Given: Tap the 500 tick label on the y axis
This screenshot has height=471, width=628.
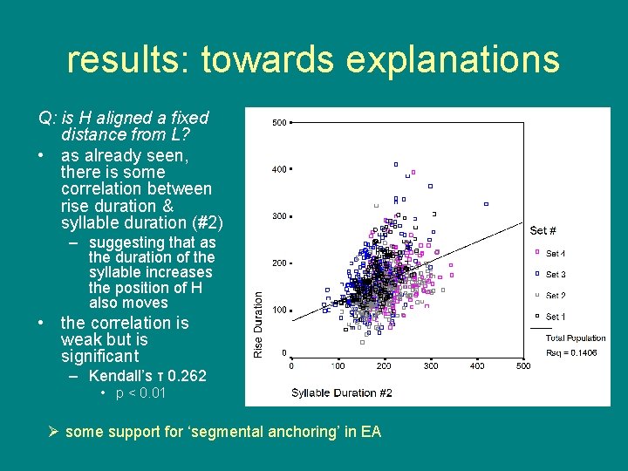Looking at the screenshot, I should [279, 123].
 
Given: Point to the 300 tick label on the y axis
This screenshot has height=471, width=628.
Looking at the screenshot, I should [279, 216].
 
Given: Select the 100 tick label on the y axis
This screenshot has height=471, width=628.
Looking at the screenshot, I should [279, 311].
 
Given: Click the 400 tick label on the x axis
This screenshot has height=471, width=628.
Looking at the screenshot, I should [477, 366].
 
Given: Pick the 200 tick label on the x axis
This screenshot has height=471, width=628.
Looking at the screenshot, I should [384, 366].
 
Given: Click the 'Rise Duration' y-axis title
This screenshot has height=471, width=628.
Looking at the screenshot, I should [258, 323].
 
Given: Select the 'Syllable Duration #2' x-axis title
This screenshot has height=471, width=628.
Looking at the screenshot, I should [342, 392].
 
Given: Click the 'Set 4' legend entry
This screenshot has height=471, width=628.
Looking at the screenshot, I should [556, 254].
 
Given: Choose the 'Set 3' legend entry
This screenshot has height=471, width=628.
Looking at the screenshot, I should [556, 275].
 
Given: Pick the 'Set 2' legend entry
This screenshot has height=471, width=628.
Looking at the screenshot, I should [556, 296].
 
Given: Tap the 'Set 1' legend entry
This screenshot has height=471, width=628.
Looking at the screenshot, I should [556, 317].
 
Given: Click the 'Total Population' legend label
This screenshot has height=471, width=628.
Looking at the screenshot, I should [575, 338].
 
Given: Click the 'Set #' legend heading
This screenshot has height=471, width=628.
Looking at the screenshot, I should [543, 231].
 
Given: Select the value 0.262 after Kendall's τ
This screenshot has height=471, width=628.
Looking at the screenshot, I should [188, 376].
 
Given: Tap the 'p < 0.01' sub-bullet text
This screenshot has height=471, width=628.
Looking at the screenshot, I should [140, 393].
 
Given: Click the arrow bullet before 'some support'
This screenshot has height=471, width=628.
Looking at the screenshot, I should [54, 431].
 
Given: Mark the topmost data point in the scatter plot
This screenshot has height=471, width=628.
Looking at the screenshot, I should [395, 164].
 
